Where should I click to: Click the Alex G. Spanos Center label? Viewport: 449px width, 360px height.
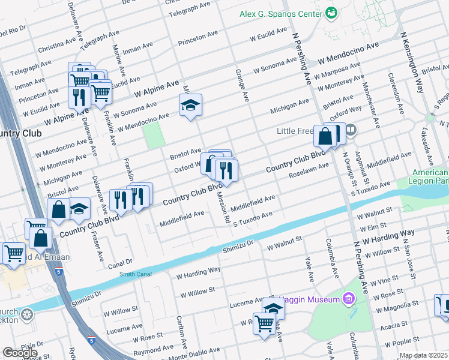point(281,13)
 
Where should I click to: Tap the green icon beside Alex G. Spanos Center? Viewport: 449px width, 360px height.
point(330,13)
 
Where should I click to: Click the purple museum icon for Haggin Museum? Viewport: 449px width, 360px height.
point(349,298)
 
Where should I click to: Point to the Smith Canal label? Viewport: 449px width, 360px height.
point(136,274)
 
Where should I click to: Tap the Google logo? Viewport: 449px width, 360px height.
point(20,353)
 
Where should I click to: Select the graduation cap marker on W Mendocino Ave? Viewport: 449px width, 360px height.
point(190,106)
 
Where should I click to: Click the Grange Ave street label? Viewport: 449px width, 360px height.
point(245,86)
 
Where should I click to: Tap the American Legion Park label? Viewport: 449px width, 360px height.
point(429,176)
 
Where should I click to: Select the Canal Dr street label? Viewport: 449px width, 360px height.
point(119,262)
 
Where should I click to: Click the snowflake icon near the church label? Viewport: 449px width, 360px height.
point(26,314)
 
